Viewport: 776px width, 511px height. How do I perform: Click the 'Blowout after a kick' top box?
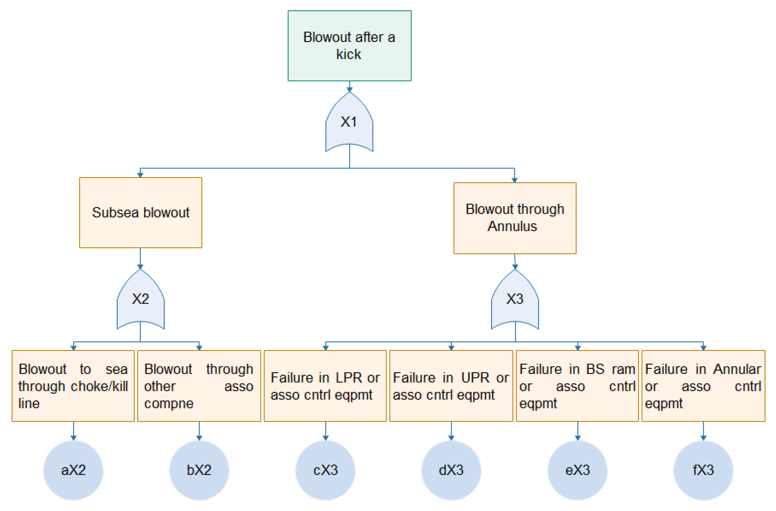(x=349, y=46)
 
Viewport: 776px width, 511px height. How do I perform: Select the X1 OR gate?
(x=349, y=122)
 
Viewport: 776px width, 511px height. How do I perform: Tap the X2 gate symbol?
(x=140, y=299)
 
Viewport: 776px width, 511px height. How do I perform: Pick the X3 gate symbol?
(x=515, y=299)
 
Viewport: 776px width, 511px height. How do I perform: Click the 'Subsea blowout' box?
(x=140, y=213)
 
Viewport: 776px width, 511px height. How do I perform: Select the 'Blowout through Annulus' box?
(x=515, y=218)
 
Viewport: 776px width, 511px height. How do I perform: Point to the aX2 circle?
(x=73, y=470)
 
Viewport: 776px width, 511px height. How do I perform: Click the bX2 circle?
(x=199, y=470)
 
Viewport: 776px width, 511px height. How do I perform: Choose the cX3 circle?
(x=325, y=470)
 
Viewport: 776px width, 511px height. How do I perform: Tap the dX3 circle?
(x=451, y=470)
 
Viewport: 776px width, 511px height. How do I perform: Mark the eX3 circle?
(x=577, y=470)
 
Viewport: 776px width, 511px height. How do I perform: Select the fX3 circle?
(x=703, y=470)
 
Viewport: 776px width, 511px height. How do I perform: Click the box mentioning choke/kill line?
(x=73, y=386)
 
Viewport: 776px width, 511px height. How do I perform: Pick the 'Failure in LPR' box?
(x=325, y=386)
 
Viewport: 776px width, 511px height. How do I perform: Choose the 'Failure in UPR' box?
(x=451, y=386)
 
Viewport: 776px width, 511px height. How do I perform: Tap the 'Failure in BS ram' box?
(x=577, y=386)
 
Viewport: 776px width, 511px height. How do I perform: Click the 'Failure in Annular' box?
(x=703, y=386)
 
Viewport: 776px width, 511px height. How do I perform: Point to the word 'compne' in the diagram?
(x=169, y=403)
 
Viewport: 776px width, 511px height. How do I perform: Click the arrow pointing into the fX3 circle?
(x=703, y=431)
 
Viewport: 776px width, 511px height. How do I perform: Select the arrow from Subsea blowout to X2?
(x=140, y=259)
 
